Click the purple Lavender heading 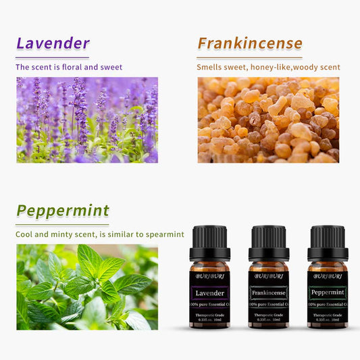pyautogui.click(x=53, y=44)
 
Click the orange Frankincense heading pyautogui.click(x=250, y=44)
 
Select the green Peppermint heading pyautogui.click(x=62, y=210)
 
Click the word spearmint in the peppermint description pyautogui.click(x=163, y=234)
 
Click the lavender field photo pyautogui.click(x=87, y=120)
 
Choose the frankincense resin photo pyautogui.click(x=268, y=120)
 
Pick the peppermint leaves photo pyautogui.click(x=87, y=287)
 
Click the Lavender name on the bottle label pyautogui.click(x=210, y=293)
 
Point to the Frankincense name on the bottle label pyautogui.click(x=269, y=293)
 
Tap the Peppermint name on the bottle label pyautogui.click(x=328, y=293)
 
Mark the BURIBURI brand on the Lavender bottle pyautogui.click(x=210, y=276)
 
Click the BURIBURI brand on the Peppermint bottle pyautogui.click(x=328, y=276)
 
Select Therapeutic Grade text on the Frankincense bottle pyautogui.click(x=269, y=315)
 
